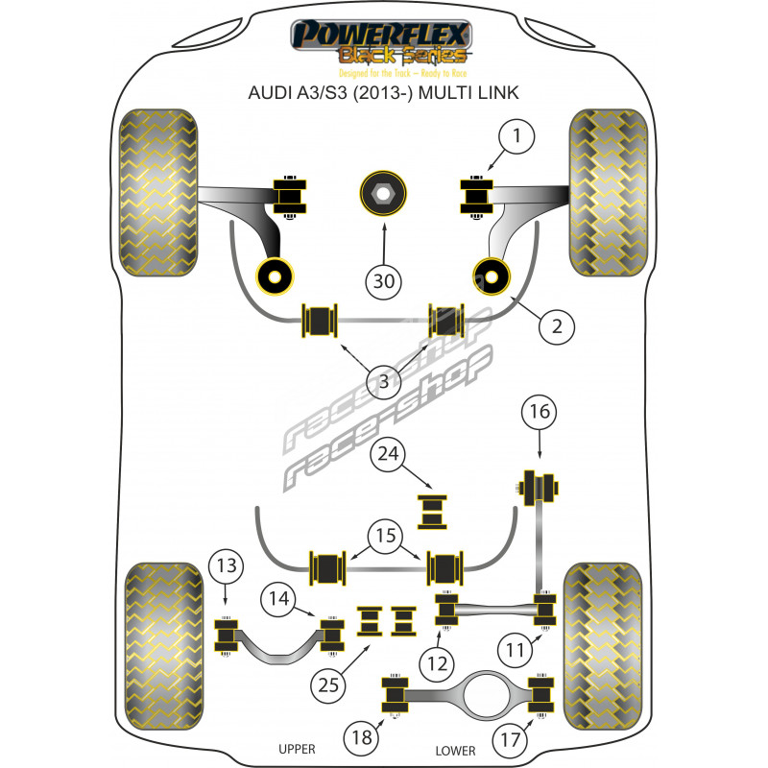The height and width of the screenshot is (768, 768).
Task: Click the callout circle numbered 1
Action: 516,136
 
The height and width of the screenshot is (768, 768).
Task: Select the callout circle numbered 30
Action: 383,281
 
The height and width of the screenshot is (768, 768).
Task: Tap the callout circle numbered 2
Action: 557,326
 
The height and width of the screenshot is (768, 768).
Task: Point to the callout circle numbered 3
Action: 383,381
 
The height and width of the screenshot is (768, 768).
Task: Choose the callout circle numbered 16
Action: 540,412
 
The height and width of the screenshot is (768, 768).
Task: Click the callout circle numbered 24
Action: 388,454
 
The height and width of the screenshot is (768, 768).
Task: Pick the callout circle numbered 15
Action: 386,536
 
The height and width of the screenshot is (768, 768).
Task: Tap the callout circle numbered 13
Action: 226,566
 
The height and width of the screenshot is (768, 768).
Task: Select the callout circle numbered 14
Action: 278,598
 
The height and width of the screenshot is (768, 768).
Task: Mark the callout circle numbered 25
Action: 328,685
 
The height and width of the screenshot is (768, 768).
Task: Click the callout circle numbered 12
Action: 437,664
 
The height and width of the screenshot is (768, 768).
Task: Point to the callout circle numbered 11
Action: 515,651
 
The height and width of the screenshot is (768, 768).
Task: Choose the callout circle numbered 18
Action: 362,737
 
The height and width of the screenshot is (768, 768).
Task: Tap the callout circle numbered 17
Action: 510,739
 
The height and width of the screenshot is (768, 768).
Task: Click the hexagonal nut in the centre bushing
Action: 383,194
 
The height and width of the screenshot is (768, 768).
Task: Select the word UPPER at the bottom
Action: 297,749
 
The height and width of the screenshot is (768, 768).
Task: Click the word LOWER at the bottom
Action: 455,751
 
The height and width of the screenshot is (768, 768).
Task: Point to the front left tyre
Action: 158,193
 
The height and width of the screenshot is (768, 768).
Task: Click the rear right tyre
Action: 603,646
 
